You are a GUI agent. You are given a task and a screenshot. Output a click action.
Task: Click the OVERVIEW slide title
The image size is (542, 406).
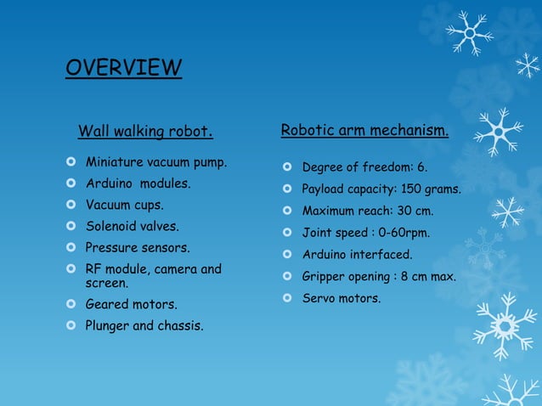click(x=123, y=67)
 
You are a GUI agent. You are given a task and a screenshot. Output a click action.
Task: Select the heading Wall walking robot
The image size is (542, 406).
click(x=144, y=132)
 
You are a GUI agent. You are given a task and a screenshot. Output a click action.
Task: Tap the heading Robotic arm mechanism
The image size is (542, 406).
click(x=364, y=131)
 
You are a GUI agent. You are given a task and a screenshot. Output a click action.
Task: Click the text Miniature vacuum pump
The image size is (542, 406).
click(x=155, y=161)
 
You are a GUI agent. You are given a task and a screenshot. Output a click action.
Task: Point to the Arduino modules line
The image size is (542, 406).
click(x=138, y=183)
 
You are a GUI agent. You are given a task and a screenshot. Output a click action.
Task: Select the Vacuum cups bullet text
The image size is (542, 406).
click(x=124, y=206)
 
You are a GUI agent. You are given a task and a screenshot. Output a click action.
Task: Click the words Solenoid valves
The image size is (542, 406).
click(x=132, y=227)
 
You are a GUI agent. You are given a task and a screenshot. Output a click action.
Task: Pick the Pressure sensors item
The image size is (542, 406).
click(x=137, y=248)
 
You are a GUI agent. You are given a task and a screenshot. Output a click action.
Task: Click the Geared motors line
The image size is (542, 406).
click(x=131, y=304)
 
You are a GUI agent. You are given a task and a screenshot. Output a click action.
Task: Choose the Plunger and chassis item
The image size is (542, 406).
click(x=144, y=325)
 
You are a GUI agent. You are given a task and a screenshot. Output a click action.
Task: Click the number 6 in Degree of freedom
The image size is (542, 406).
click(x=421, y=167)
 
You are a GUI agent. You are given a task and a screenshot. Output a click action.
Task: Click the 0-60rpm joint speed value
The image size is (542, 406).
click(x=403, y=233)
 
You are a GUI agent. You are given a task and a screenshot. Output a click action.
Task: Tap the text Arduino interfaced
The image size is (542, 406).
click(x=357, y=255)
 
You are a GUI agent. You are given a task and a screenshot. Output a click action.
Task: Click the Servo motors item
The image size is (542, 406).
click(x=342, y=298)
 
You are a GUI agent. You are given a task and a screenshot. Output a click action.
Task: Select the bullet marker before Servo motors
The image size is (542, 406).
click(x=288, y=298)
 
